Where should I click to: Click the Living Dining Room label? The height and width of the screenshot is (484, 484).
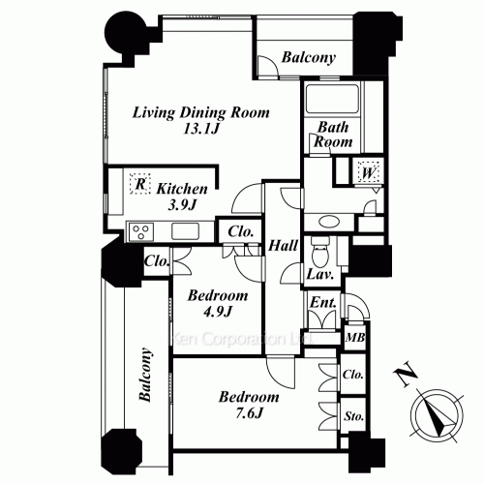click(x=200, y=112)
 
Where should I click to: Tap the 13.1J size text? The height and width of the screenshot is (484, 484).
click(x=201, y=129)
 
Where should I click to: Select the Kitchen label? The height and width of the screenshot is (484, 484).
click(x=182, y=189)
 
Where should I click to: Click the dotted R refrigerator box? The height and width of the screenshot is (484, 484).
click(x=140, y=184)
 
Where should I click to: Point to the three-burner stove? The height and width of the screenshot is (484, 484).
click(x=141, y=231)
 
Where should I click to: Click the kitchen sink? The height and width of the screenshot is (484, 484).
click(x=185, y=231)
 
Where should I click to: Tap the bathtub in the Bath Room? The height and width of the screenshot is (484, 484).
click(x=332, y=98)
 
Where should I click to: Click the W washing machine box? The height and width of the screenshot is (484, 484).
click(x=368, y=173)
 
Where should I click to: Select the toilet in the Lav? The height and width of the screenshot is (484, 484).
click(x=320, y=251)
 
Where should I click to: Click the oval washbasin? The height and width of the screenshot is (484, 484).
click(x=329, y=222)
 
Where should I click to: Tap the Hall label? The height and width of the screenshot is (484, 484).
click(x=283, y=246)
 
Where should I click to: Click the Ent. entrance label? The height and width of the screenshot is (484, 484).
click(x=323, y=303)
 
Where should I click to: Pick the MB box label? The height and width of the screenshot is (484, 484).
click(x=355, y=338)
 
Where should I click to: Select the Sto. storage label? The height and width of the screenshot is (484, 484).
click(x=353, y=416)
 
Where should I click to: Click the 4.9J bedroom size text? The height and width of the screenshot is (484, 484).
click(x=218, y=312)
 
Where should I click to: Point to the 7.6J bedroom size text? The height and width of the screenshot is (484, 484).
click(x=249, y=413)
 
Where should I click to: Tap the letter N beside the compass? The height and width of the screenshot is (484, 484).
click(x=406, y=375)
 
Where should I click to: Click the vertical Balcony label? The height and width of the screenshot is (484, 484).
click(x=145, y=375)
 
